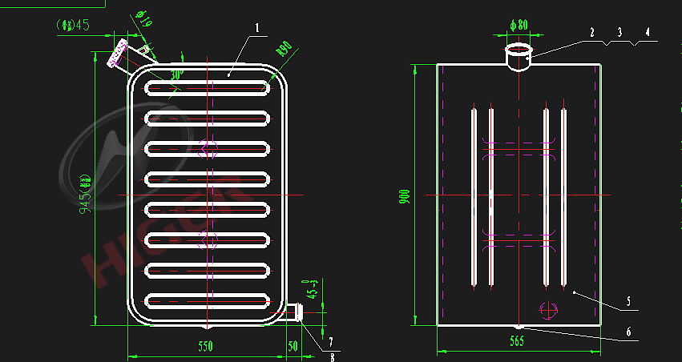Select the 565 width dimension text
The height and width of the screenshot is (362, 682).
pyautogui.click(x=516, y=342)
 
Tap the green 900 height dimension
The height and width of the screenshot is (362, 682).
pyautogui.click(x=405, y=196)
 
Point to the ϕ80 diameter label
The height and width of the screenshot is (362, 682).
pyautogui.click(x=519, y=26)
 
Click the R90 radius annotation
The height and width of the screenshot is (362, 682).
pyautogui.click(x=285, y=47)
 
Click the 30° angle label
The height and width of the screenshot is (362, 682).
pyautogui.click(x=176, y=73)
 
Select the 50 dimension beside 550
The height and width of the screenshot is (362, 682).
pyautogui.click(x=293, y=346)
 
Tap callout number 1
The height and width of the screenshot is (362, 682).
pyautogui.click(x=256, y=27)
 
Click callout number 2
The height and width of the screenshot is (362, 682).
pyautogui.click(x=591, y=33)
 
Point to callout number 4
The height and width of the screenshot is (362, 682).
pyautogui.click(x=648, y=33)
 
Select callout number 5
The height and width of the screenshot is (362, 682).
pyautogui.click(x=628, y=301)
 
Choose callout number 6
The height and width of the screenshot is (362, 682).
pyautogui.click(x=628, y=331)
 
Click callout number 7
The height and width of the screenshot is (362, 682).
pyautogui.click(x=331, y=342)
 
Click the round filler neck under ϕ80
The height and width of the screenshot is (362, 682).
pyautogui.click(x=519, y=58)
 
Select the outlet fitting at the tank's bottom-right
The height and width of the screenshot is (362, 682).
pyautogui.click(x=297, y=312)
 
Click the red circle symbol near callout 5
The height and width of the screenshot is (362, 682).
pyautogui.click(x=547, y=308)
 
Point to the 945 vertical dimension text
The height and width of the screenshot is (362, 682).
pyautogui.click(x=85, y=195)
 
